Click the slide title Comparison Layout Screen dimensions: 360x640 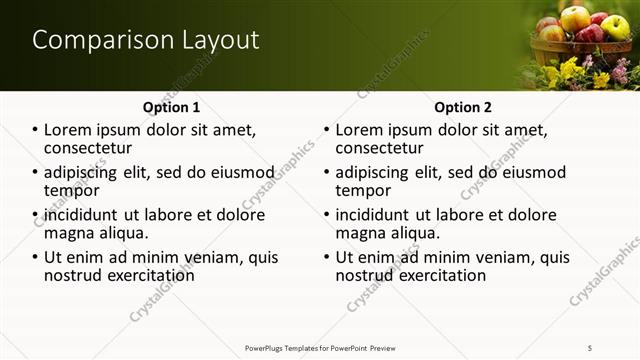[146, 40]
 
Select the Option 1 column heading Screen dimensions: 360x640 [172, 107]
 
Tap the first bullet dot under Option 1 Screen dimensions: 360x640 [36, 130]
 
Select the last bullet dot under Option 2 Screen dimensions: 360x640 [326, 257]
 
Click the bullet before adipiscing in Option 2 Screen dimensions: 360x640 [326, 172]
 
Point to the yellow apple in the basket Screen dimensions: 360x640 [575, 18]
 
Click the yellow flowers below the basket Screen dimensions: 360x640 [566, 71]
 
